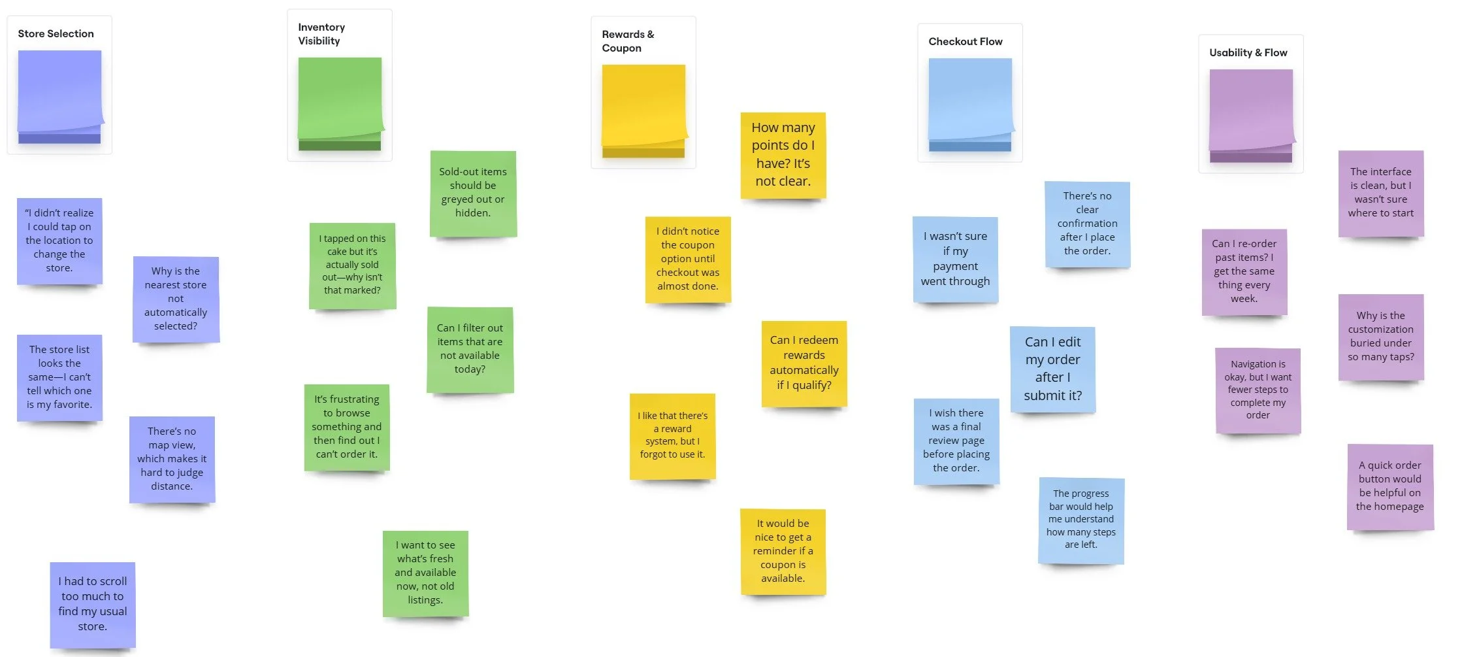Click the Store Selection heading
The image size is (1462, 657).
tap(56, 34)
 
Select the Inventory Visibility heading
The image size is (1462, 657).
tap(321, 34)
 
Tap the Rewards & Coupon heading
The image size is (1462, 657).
tap(628, 41)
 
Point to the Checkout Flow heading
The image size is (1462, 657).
tap(965, 42)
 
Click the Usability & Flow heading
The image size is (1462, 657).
tap(1248, 53)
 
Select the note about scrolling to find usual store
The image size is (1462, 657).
tap(93, 604)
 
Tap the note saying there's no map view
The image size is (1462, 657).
tap(172, 459)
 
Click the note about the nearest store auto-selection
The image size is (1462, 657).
tap(176, 299)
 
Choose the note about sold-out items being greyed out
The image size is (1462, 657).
tap(473, 193)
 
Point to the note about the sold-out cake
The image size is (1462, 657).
tap(352, 265)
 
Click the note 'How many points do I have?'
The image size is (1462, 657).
tap(783, 155)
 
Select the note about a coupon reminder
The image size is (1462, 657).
tap(783, 551)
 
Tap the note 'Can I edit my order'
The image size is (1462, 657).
tap(1052, 369)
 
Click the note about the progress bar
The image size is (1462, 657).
tap(1080, 520)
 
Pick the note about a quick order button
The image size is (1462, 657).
tap(1389, 486)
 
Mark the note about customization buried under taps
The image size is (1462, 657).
tap(1380, 337)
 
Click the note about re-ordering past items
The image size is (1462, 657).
tap(1244, 271)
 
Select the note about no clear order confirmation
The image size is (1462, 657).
tap(1087, 224)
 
